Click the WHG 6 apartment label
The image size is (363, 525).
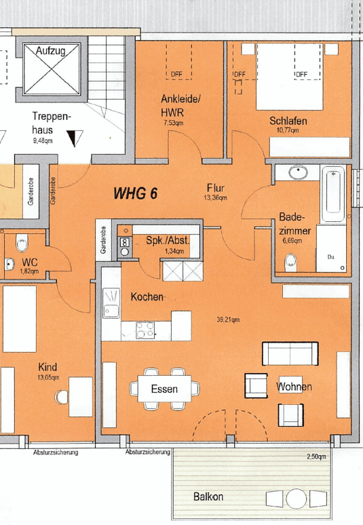click(135, 194)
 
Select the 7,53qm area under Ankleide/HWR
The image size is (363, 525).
click(174, 124)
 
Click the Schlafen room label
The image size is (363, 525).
click(288, 121)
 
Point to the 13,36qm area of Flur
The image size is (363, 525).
click(215, 199)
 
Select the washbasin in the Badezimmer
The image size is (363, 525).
click(299, 173)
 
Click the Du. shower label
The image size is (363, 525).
click(331, 258)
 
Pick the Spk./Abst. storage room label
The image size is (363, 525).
click(168, 241)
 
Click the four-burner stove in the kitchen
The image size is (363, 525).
click(145, 330)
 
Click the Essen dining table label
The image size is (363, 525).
click(164, 389)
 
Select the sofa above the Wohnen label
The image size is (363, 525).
click(290, 353)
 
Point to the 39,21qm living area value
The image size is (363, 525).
click(227, 320)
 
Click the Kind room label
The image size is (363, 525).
click(47, 367)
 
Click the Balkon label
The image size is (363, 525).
click(208, 497)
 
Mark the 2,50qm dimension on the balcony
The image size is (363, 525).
click(316, 457)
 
